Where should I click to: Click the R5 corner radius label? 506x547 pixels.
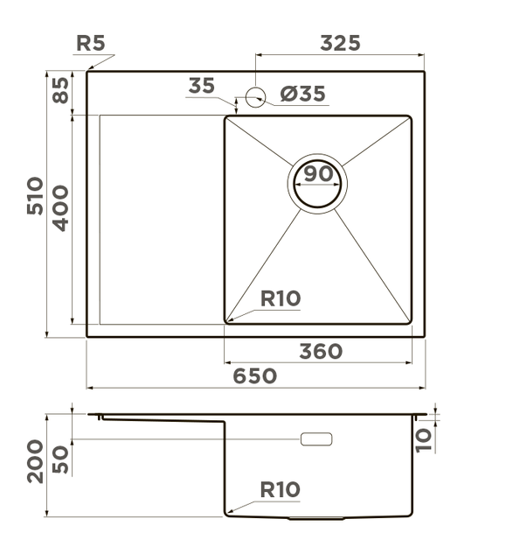[91, 43]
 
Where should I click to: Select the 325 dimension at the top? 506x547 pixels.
[340, 43]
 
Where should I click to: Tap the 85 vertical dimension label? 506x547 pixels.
[60, 90]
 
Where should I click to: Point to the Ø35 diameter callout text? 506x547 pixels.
[302, 94]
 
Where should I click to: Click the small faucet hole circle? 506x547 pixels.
[255, 97]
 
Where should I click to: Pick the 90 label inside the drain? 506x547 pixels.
[318, 173]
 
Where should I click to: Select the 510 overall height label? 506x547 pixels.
[35, 196]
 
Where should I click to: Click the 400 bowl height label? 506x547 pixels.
[60, 208]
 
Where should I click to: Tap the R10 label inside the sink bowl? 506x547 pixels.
[281, 298]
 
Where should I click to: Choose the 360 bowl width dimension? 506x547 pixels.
[321, 351]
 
